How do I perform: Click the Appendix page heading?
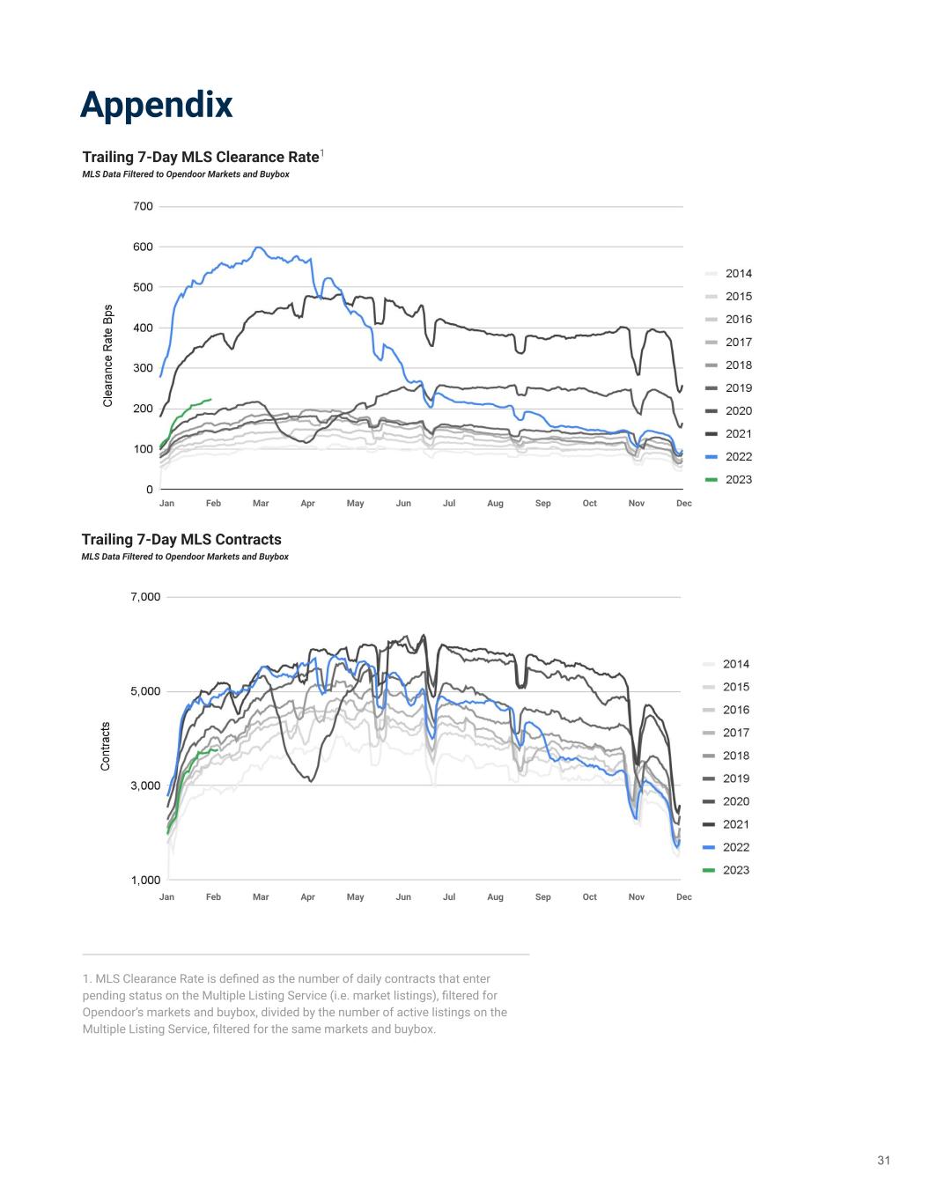tap(157, 105)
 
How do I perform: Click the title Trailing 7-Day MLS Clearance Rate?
tap(200, 158)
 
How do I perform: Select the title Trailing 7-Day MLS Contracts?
tap(181, 540)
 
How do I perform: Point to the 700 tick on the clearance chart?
tap(143, 207)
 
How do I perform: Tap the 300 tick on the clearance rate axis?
tap(143, 368)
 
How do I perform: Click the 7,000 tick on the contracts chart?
tap(145, 597)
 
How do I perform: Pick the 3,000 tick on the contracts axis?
tap(145, 785)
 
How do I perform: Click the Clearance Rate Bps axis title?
tap(108, 356)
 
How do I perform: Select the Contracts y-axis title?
tap(106, 747)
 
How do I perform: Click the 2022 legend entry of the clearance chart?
tap(738, 457)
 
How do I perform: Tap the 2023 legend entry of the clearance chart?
tap(738, 480)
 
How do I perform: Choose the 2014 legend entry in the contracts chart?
tap(735, 665)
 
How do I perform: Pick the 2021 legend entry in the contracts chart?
tap(735, 825)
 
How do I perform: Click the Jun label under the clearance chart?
tap(403, 504)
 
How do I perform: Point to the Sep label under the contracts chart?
tap(542, 897)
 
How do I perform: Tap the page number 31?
tap(883, 1161)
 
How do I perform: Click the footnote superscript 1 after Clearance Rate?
tap(322, 154)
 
